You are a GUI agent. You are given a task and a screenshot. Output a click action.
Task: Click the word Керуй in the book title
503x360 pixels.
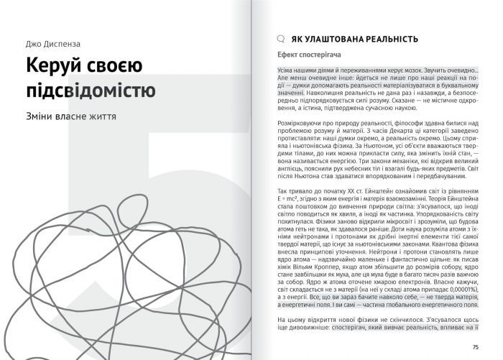click(x=57, y=67)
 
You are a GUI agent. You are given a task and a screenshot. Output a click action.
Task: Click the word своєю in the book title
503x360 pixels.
click(x=118, y=67)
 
